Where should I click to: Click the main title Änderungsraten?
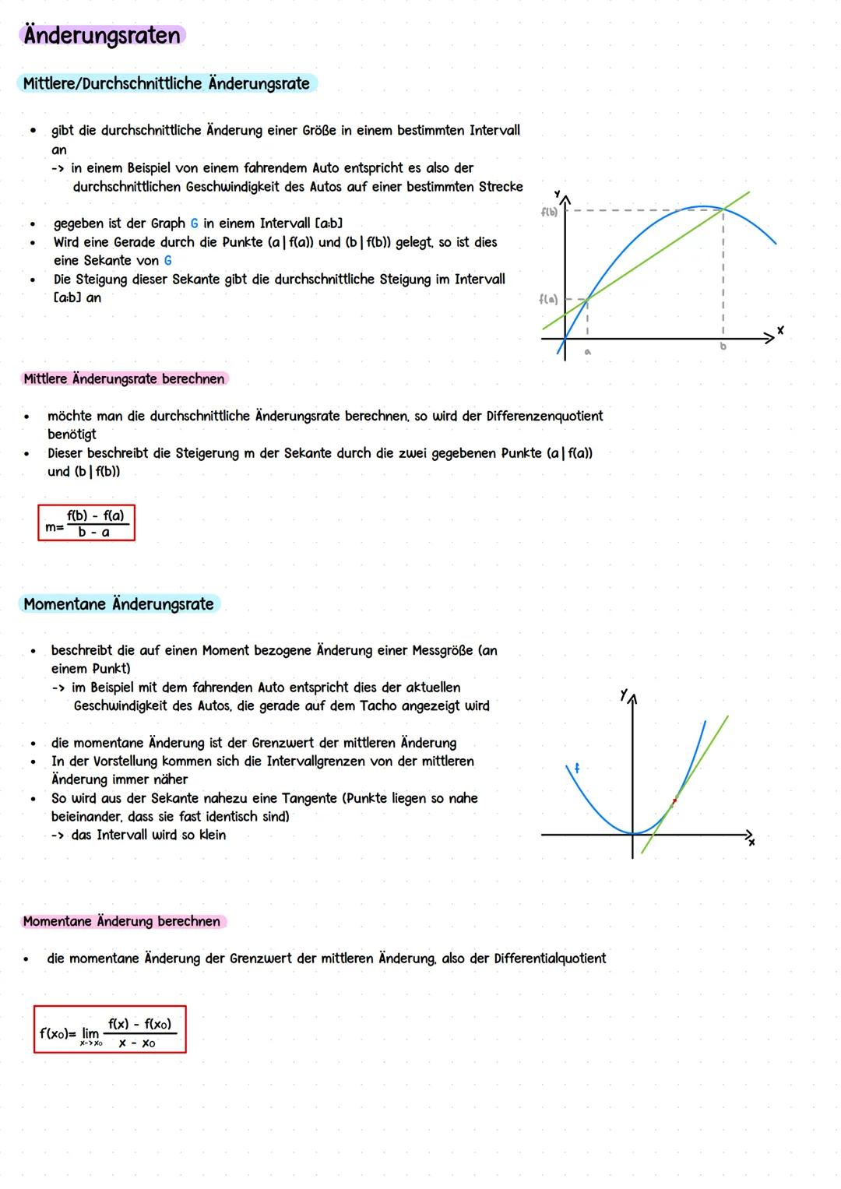coord(102,36)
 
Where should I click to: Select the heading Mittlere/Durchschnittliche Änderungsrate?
coord(167,83)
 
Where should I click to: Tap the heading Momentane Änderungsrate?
coord(118,604)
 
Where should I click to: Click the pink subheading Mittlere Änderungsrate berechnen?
coord(124,379)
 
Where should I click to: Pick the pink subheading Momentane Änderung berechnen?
coord(121,922)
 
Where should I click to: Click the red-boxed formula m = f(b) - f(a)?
coord(86,523)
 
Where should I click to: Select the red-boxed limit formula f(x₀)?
coord(110,1030)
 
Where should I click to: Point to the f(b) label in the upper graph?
coord(549,212)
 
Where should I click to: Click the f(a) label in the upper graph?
coord(548,299)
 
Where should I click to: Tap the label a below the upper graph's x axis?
coord(588,352)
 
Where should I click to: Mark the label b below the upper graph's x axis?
coord(723,346)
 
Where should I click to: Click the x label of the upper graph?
coord(780,331)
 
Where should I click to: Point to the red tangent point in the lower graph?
coord(674,800)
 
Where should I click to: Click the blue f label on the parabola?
coord(577,769)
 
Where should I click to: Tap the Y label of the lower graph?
coord(624,694)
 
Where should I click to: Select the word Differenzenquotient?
coord(544,417)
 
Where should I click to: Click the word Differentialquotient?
coord(550,959)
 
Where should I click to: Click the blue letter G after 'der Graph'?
coord(194,223)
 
